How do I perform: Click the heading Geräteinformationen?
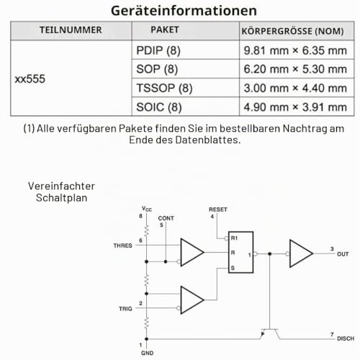(184, 11)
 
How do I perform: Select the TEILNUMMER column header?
(71, 30)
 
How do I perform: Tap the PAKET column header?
(165, 30)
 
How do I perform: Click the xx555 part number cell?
(30, 79)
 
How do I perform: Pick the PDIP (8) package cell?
(158, 50)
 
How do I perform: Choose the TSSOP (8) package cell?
(164, 88)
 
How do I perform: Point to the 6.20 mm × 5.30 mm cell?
(295, 69)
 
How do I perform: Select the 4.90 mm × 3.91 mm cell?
(295, 107)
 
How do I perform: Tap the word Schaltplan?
(61, 198)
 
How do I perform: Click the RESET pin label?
(218, 210)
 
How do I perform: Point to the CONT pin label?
(166, 218)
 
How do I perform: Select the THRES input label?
(122, 246)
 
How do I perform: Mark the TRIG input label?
(125, 309)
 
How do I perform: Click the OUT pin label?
(343, 254)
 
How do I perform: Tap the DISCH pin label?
(346, 338)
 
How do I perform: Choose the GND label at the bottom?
(147, 353)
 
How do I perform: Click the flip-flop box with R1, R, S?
(240, 252)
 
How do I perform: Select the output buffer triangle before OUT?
(301, 253)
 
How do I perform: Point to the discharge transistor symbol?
(270, 333)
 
